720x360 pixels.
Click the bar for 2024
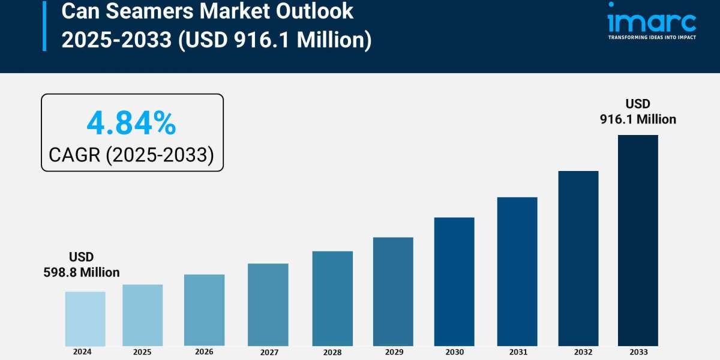pyautogui.click(x=85, y=319)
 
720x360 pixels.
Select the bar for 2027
pyautogui.click(x=268, y=304)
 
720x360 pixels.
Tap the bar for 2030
pyautogui.click(x=454, y=281)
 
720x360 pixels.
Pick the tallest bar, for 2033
pyautogui.click(x=638, y=240)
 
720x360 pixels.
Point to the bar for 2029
pyautogui.click(x=393, y=292)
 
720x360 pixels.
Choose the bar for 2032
pyautogui.click(x=578, y=258)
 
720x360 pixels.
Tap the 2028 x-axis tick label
pyautogui.click(x=332, y=352)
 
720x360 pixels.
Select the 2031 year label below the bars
pyautogui.click(x=517, y=352)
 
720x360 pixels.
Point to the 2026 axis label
pyautogui.click(x=204, y=352)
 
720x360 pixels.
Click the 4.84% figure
pyautogui.click(x=131, y=124)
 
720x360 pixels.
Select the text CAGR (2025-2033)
pyautogui.click(x=131, y=155)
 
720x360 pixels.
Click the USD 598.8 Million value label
pyautogui.click(x=82, y=265)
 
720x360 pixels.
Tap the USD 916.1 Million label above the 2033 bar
pyautogui.click(x=638, y=112)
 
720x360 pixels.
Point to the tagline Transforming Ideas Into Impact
pyautogui.click(x=652, y=37)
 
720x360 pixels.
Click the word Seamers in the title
pyautogui.click(x=144, y=11)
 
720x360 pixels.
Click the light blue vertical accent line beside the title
pyautogui.click(x=44, y=25)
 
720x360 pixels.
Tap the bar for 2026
pyautogui.click(x=204, y=310)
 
